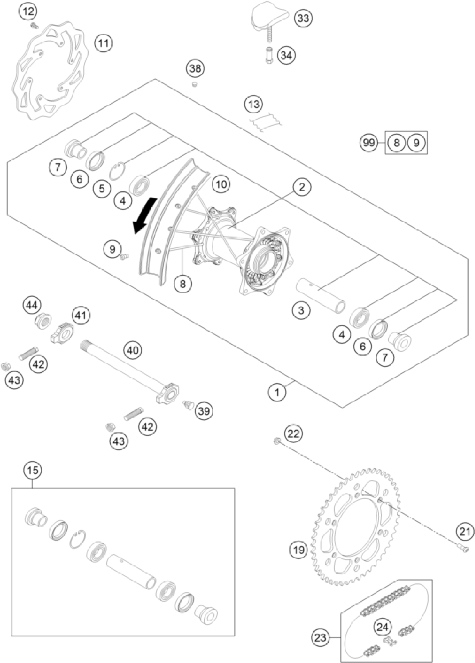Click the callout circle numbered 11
[x=103, y=44]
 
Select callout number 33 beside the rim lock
[x=303, y=18]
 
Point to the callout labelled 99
[x=369, y=143]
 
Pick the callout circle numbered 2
[x=302, y=187]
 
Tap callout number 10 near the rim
[x=221, y=184]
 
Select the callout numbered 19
[x=299, y=550]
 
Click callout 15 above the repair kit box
[x=32, y=470]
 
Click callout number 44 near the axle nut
[x=32, y=306]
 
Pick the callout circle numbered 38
[x=195, y=69]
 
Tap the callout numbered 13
[x=254, y=104]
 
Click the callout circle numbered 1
[x=277, y=392]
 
